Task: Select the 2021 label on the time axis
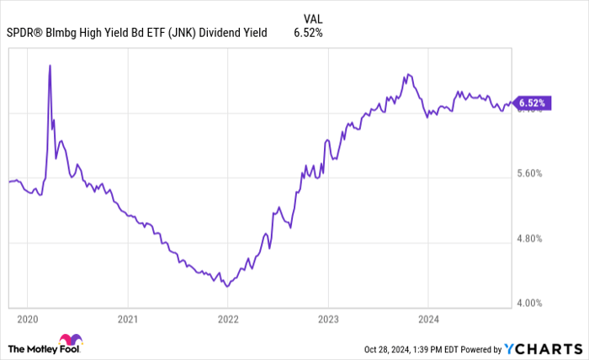pyautogui.click(x=127, y=320)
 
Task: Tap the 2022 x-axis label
pyautogui.click(x=227, y=320)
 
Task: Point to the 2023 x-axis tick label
pyautogui.click(x=327, y=320)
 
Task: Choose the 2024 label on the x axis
pyautogui.click(x=427, y=320)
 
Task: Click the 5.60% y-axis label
pyautogui.click(x=533, y=174)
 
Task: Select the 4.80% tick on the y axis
pyautogui.click(x=533, y=238)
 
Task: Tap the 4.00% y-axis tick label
pyautogui.click(x=533, y=302)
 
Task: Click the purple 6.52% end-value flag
pyautogui.click(x=533, y=103)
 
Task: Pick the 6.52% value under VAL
pyautogui.click(x=307, y=33)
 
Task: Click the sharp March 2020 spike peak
pyautogui.click(x=50, y=65)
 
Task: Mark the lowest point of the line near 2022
pyautogui.click(x=226, y=286)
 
